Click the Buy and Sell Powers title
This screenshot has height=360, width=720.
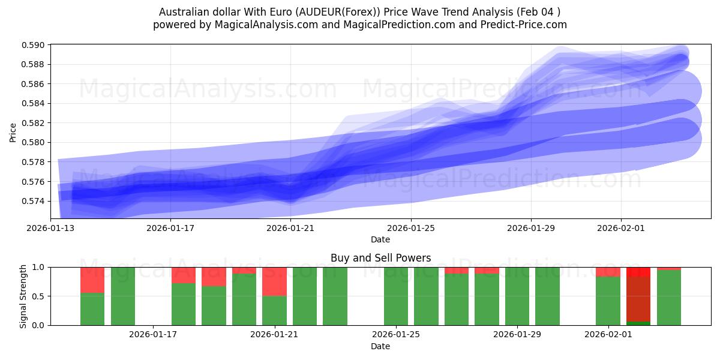[x=380, y=258]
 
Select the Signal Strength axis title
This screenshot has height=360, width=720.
[x=23, y=296]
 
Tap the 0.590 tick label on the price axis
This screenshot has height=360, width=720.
[x=33, y=45]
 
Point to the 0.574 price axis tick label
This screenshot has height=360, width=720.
[x=33, y=201]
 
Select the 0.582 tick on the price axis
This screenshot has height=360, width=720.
[x=33, y=123]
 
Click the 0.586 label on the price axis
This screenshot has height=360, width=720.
[x=33, y=84]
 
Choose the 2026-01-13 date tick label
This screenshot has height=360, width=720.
[x=51, y=228]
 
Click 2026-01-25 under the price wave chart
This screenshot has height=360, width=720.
[x=411, y=228]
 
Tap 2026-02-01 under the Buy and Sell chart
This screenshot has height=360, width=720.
[x=608, y=334]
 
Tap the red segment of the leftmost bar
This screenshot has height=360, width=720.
[x=92, y=280]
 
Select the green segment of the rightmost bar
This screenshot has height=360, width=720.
[x=669, y=298]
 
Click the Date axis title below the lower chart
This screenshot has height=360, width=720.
[x=380, y=346]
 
